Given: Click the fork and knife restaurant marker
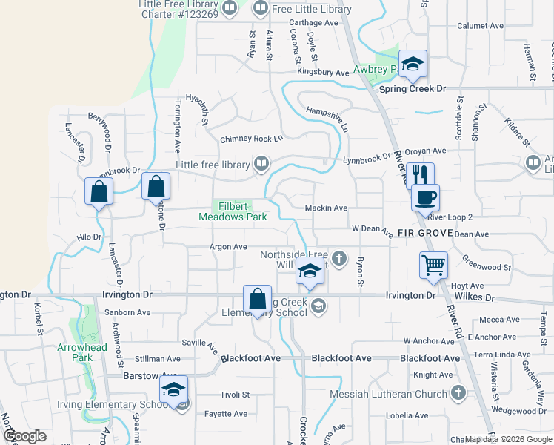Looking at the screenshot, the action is coord(420,176).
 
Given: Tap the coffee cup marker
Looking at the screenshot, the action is coord(425,198).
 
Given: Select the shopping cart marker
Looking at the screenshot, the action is coord(433,265).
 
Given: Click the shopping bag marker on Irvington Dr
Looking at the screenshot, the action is coord(257,300).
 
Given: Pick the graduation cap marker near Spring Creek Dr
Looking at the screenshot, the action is coord(413,64).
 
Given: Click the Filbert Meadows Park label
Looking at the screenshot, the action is coord(232,211).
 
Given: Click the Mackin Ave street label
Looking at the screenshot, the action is coord(326,208).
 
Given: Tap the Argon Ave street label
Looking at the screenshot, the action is coord(227,246).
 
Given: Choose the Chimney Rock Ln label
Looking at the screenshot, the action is coord(251,139).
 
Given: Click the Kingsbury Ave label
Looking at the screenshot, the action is coord(322,73).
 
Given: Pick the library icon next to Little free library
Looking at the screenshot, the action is coord(261,163).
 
